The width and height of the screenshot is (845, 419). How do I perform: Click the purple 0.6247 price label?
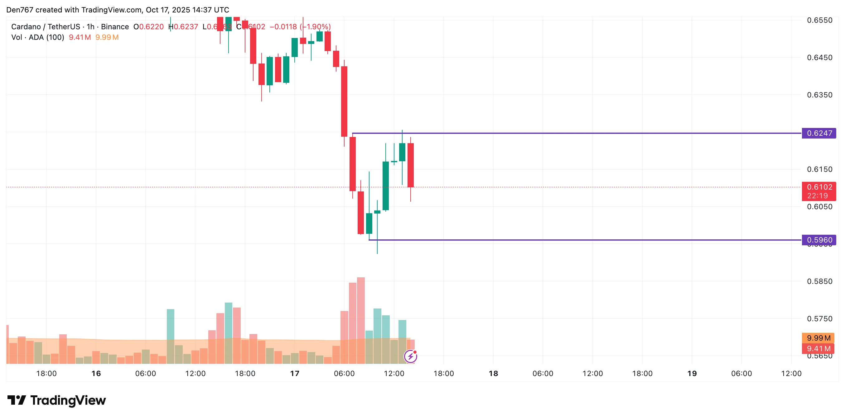click(819, 133)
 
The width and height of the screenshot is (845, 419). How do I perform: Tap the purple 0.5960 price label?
click(819, 240)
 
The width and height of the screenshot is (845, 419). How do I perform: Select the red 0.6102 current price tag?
click(819, 187)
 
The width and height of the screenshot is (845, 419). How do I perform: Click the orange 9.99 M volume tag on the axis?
click(818, 338)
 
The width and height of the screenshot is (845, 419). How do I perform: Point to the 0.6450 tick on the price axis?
click(819, 58)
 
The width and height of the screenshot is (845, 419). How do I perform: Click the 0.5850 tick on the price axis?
click(819, 281)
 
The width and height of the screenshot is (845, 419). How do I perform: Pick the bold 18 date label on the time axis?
click(493, 374)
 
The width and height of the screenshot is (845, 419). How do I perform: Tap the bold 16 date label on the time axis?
click(96, 374)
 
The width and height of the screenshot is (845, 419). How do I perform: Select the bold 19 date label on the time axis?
click(692, 374)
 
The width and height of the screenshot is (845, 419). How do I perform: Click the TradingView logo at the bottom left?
click(57, 400)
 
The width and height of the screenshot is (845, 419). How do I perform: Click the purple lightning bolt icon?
click(410, 356)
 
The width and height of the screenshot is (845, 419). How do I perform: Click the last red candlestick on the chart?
click(410, 165)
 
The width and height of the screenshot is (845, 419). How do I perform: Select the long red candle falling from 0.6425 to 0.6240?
click(344, 101)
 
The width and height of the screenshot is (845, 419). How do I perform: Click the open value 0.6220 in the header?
click(151, 27)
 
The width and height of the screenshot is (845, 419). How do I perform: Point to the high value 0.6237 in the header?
click(186, 27)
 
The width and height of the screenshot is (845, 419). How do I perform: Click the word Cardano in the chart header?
click(26, 27)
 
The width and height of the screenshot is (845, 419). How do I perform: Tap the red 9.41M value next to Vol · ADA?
click(80, 37)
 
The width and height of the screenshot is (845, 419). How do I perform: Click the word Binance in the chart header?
click(115, 27)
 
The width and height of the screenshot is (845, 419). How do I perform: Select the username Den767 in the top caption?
click(20, 10)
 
